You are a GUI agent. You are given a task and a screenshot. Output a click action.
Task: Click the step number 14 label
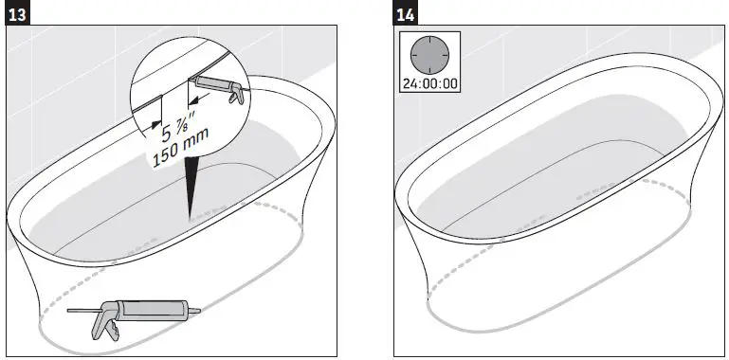click(408, 16)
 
